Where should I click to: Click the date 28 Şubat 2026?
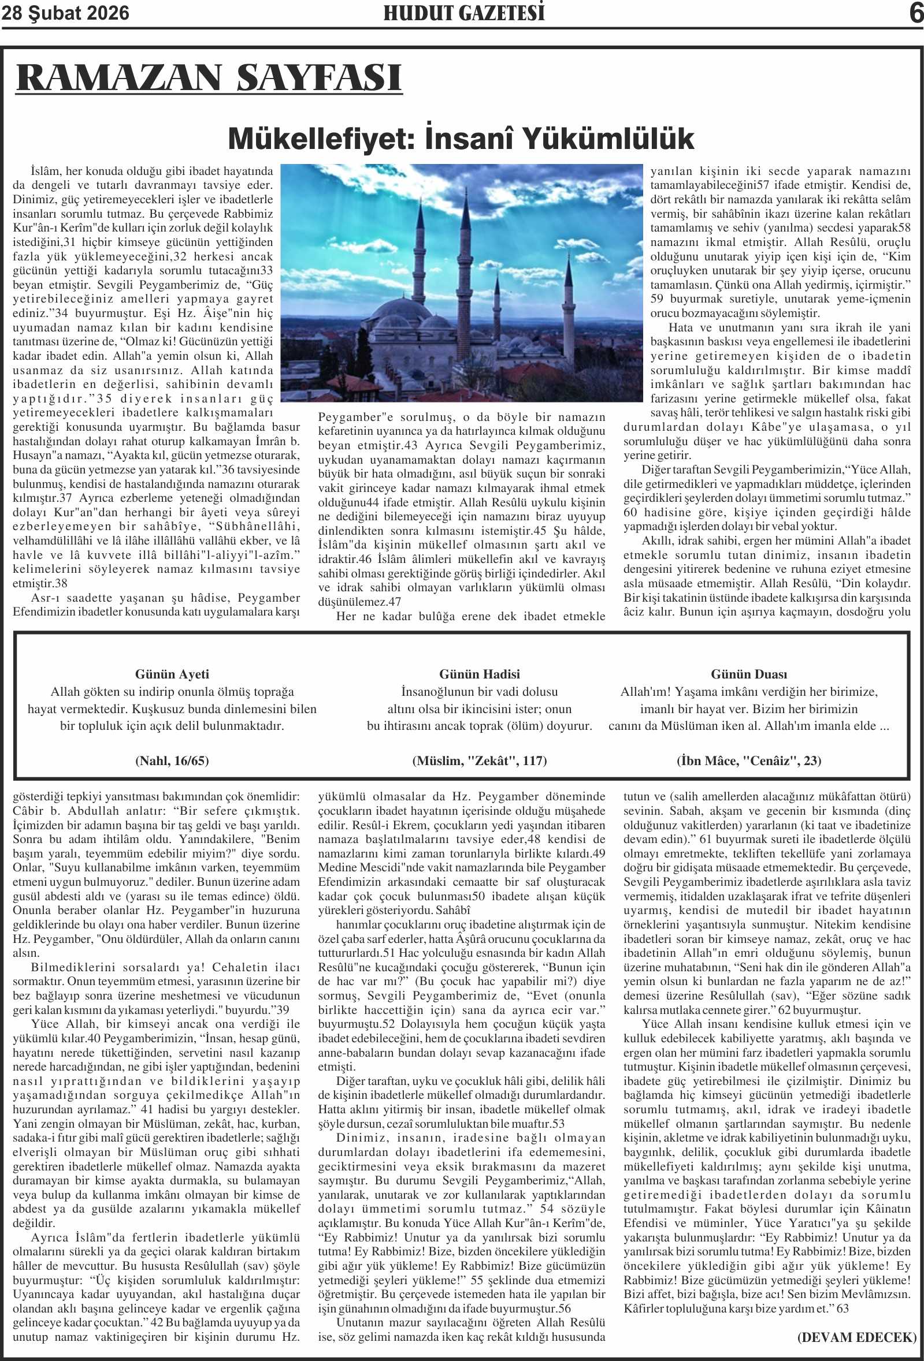point(66,13)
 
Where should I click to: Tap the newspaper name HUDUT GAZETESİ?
point(463,13)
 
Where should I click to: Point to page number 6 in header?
point(915,13)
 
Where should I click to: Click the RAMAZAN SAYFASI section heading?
point(209,78)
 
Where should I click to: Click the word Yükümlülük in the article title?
point(607,139)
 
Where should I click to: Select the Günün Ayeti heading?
point(172,674)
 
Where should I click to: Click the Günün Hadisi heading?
point(479,674)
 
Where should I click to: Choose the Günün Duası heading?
point(749,674)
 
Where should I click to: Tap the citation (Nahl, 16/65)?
point(172,760)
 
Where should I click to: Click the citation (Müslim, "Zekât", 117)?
point(479,760)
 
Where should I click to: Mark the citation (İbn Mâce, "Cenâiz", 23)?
point(749,760)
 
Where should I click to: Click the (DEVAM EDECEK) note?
point(856,1337)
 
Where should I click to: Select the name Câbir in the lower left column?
point(28,811)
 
